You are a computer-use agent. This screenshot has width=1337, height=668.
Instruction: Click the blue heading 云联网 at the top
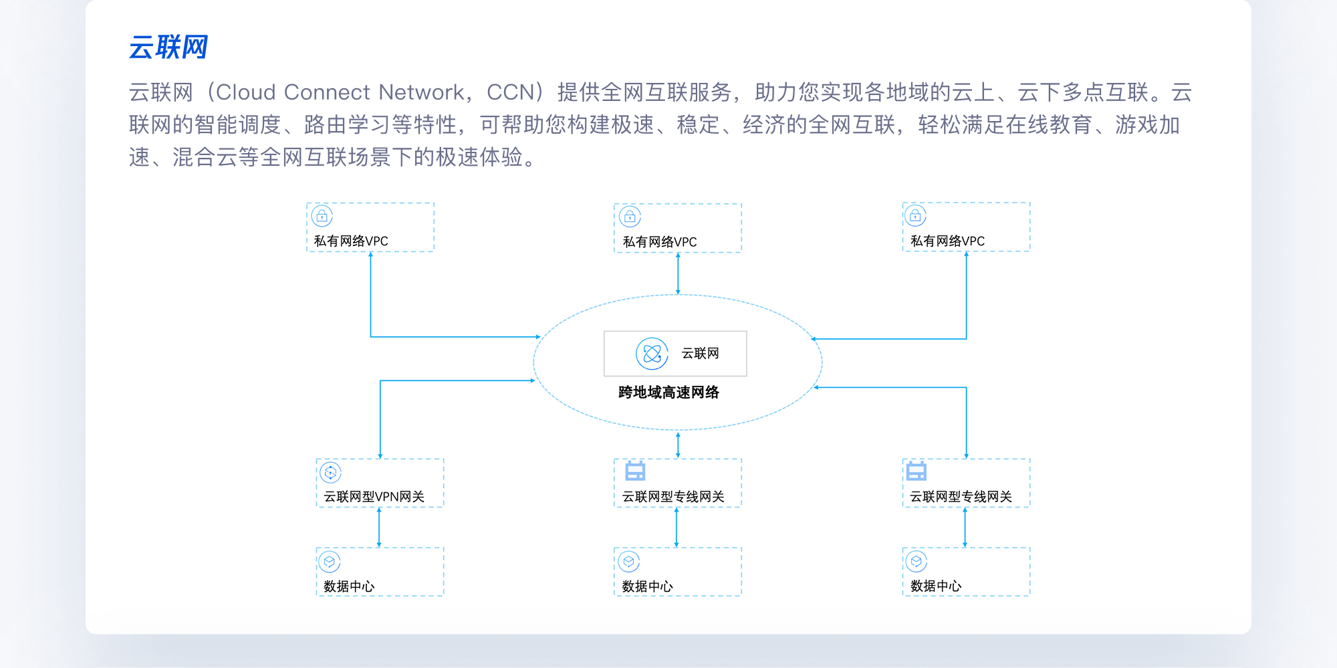168,47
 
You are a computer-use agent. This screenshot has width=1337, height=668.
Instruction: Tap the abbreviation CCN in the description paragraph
510,92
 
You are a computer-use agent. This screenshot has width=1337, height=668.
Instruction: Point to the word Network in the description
421,92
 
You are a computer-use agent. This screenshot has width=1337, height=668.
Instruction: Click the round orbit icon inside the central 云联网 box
652,354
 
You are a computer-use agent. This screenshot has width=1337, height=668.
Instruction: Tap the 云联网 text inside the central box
700,354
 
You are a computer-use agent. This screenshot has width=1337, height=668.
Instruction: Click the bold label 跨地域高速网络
668,393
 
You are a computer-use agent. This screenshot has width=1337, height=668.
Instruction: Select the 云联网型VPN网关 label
374,497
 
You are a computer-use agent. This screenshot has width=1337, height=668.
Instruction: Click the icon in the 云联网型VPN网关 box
330,473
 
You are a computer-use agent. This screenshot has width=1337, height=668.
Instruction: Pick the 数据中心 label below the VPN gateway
349,586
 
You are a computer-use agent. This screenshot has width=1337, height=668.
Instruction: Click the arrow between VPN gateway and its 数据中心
379,528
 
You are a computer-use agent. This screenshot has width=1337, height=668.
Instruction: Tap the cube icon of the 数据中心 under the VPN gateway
330,562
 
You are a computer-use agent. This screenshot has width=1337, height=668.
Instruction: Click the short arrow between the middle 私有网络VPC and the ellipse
678,273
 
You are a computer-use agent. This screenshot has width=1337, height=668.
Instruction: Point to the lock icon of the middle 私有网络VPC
630,217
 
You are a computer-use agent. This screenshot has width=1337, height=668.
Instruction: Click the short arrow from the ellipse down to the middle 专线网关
678,445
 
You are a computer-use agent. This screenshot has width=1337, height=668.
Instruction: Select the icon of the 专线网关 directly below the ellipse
635,471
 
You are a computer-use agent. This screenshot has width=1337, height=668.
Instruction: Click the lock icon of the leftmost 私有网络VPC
322,216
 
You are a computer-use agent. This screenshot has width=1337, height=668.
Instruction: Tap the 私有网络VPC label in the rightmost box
947,241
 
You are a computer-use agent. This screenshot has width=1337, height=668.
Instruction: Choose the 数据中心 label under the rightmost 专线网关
936,586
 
